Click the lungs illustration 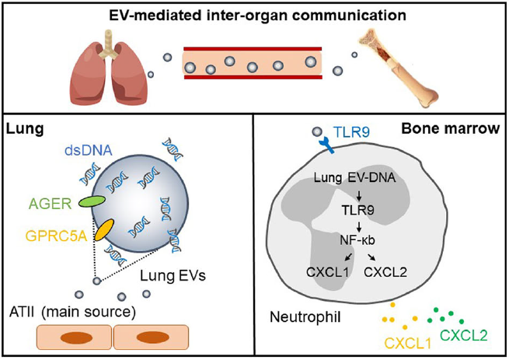click(110, 69)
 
